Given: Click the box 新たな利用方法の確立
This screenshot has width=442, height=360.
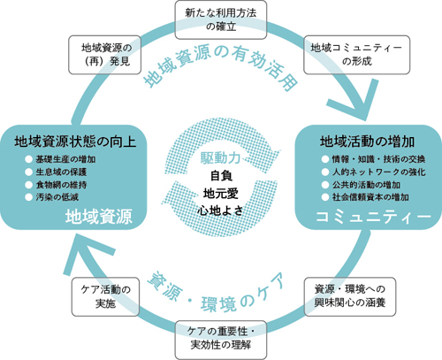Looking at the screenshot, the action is click(x=221, y=19).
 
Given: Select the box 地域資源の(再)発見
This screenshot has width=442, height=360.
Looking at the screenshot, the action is click(x=104, y=55).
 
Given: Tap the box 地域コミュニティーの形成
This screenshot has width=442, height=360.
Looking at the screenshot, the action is click(x=356, y=55).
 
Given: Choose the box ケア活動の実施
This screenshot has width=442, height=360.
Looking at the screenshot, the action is click(x=105, y=296).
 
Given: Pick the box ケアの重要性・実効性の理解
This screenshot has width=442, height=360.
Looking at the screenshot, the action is click(x=221, y=340).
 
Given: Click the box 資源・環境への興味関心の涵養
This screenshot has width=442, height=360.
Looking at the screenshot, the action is click(x=350, y=296).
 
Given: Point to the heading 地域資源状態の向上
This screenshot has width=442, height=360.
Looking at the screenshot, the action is click(x=75, y=142).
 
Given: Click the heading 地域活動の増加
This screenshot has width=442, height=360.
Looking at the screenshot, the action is click(x=367, y=142).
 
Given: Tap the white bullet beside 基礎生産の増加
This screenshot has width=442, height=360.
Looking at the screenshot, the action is click(x=28, y=159).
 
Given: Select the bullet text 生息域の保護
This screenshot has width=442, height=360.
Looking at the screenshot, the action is click(x=61, y=172).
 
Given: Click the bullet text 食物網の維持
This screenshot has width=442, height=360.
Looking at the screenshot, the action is click(x=61, y=185).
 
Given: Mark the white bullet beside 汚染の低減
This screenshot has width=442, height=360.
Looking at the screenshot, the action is click(x=28, y=197).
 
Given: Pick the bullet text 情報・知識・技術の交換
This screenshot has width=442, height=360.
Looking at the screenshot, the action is click(x=378, y=159).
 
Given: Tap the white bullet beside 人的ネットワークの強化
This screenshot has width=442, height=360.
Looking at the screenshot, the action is click(x=325, y=172).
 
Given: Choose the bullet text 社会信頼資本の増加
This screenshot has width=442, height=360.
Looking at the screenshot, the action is click(x=370, y=197).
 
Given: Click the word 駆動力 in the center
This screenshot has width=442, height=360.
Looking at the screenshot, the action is click(x=220, y=158).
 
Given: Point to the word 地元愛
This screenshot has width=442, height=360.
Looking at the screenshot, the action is click(x=221, y=194).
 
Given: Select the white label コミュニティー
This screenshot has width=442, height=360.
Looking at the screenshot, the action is click(x=373, y=217).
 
